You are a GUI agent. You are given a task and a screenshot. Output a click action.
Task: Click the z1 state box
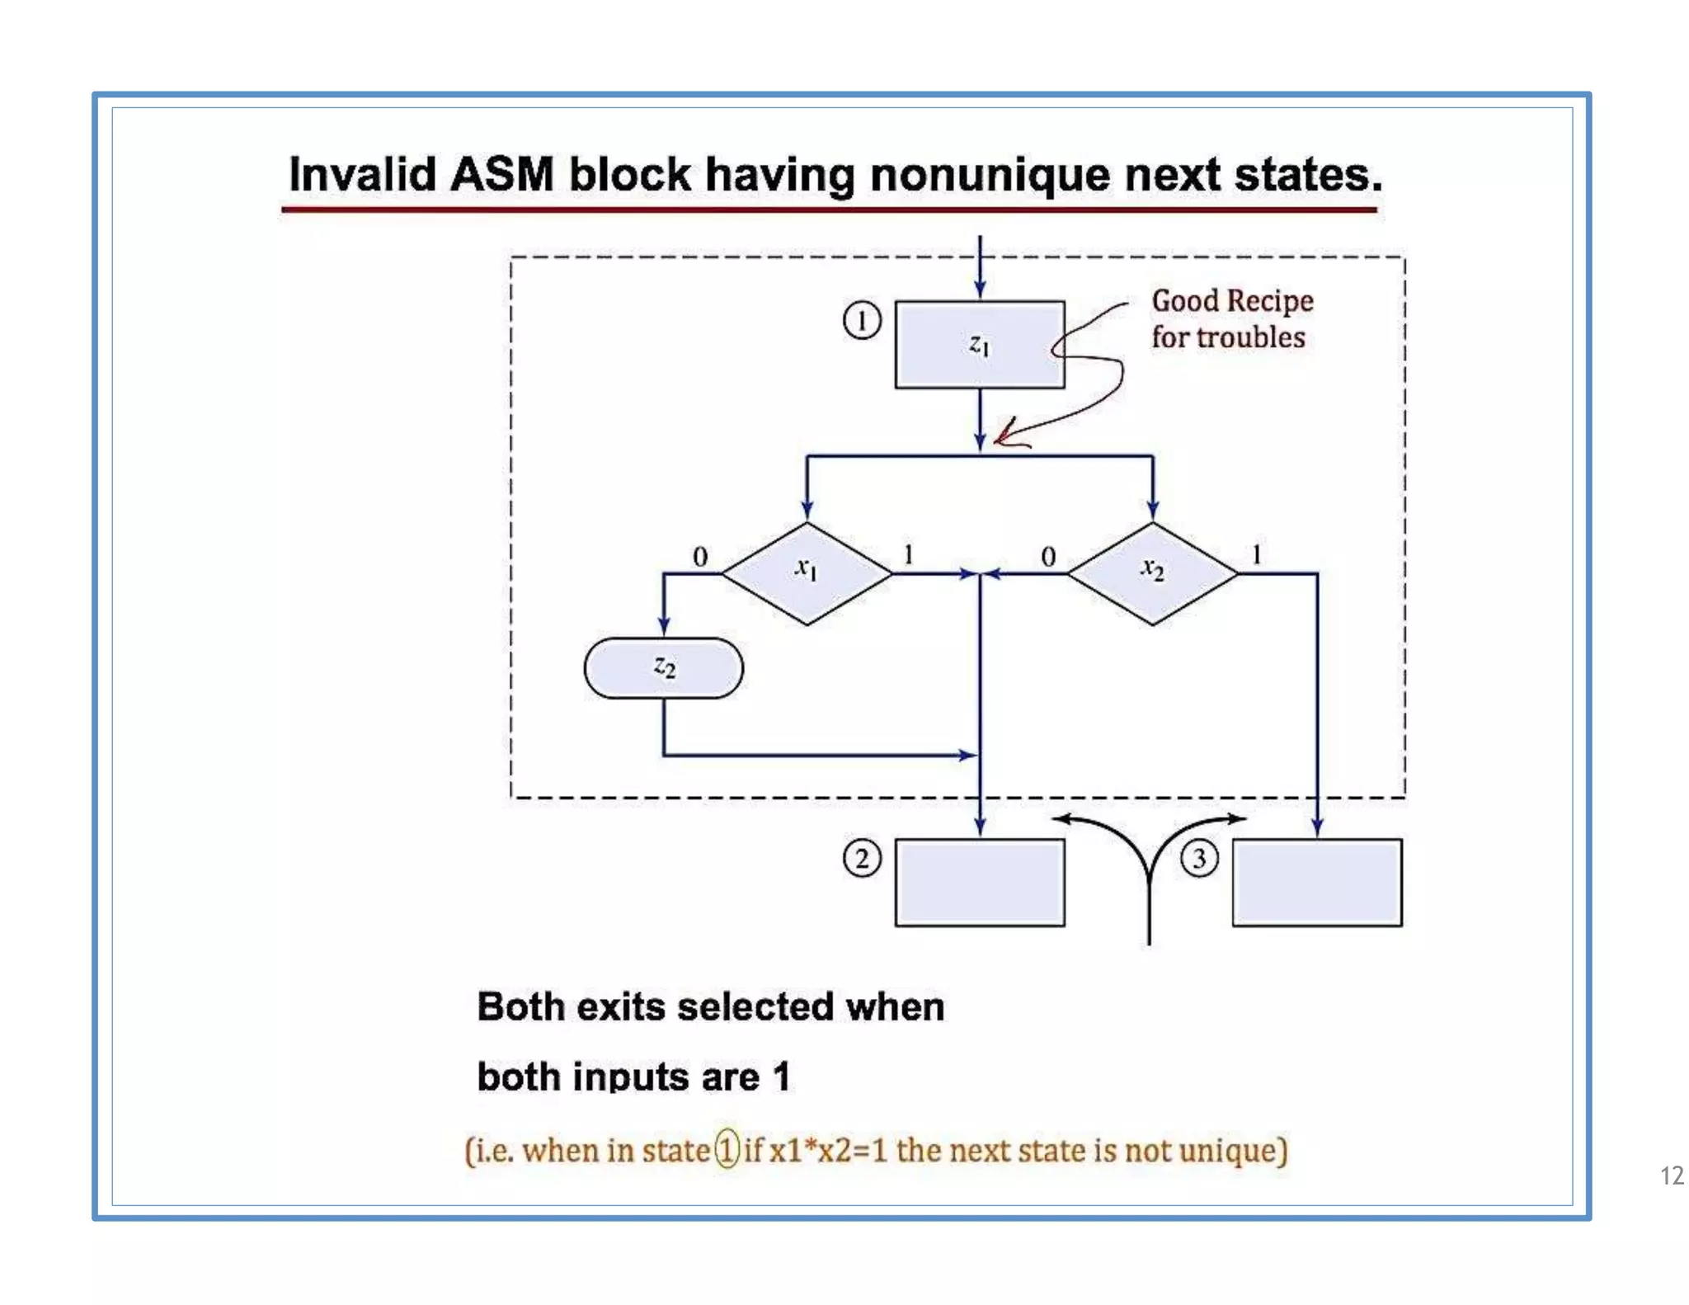[x=979, y=344]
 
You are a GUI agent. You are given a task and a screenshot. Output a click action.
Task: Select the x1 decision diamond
[x=807, y=572]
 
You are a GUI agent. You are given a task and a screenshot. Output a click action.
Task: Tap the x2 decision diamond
[x=1152, y=572]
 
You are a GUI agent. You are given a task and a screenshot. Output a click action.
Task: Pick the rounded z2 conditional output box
[x=663, y=667]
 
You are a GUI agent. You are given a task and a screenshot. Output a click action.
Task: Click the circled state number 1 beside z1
[x=862, y=320]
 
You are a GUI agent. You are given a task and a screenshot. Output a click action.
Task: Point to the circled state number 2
[x=862, y=859]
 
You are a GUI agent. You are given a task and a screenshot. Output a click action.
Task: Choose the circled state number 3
[x=1199, y=859]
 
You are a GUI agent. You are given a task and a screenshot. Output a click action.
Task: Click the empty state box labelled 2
[x=979, y=883]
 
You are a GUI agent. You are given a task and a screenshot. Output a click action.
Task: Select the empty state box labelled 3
[x=1317, y=883]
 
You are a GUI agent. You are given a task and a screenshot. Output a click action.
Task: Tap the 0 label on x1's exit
[x=700, y=557]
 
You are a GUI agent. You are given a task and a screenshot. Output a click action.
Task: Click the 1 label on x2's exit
[x=1257, y=554]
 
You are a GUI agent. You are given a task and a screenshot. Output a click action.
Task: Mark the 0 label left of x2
[x=1048, y=557]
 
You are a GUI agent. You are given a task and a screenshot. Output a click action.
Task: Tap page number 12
[x=1672, y=1175]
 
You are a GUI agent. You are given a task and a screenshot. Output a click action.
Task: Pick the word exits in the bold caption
[x=620, y=1007]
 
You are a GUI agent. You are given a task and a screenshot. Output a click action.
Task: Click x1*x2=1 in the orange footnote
[x=828, y=1150]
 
